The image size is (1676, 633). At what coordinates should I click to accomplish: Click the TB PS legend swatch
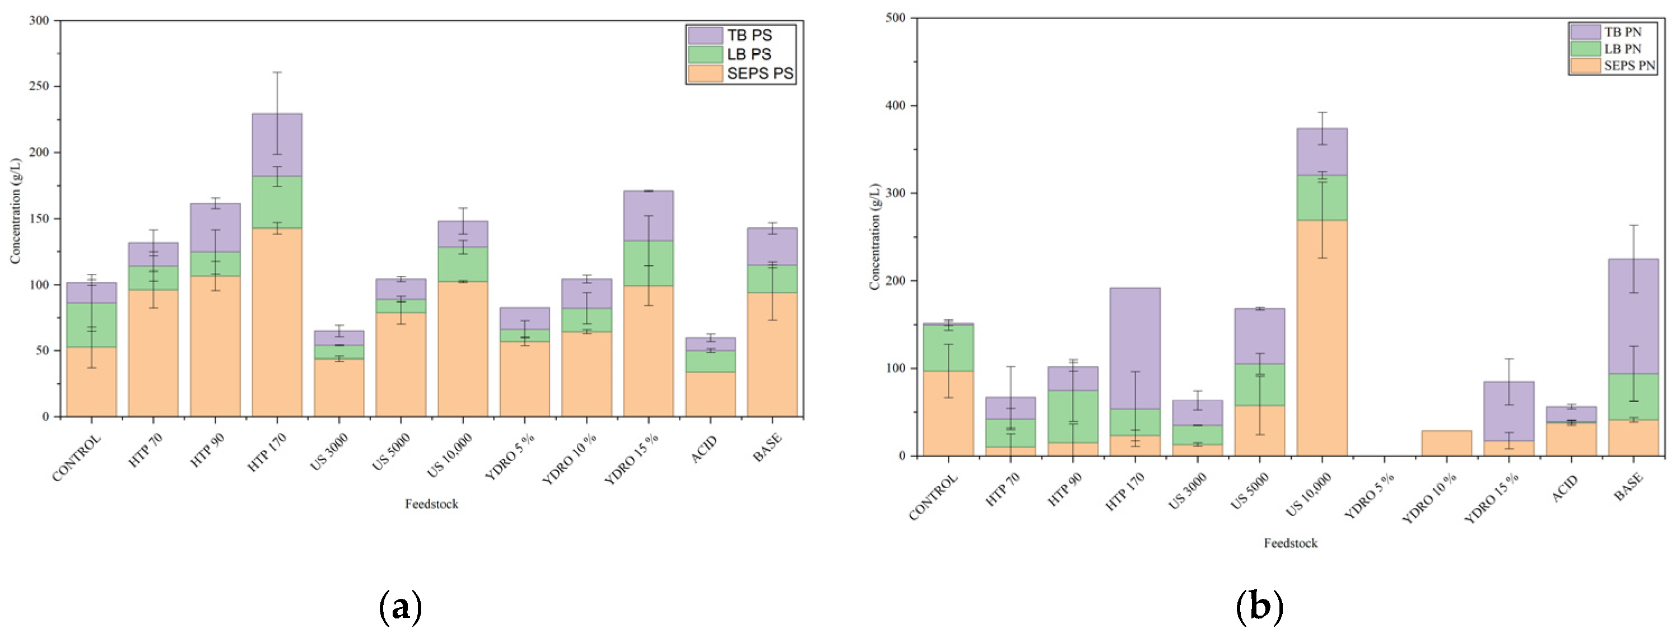click(705, 35)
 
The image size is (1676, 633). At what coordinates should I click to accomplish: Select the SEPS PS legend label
click(760, 73)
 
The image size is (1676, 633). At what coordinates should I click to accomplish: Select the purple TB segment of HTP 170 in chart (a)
click(277, 145)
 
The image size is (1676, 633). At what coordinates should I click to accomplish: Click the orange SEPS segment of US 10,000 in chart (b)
click(1322, 338)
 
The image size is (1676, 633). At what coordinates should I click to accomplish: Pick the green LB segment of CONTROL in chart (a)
click(92, 325)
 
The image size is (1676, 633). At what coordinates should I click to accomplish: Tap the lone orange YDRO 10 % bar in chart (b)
click(1446, 443)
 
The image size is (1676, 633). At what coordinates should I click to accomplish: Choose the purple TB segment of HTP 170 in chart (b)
click(1135, 348)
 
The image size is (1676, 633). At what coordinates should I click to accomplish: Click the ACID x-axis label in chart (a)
click(704, 449)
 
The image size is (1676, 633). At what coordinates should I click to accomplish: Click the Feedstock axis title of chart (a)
click(431, 504)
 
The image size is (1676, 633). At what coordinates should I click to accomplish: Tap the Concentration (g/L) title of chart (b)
click(874, 236)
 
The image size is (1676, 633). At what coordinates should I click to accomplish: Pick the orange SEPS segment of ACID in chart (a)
click(710, 394)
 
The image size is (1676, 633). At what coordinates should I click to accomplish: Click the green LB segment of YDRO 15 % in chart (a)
click(649, 263)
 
